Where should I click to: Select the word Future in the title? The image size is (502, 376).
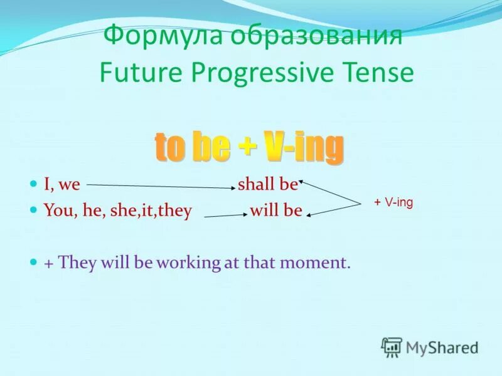pos(141,73)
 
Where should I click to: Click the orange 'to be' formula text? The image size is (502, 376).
pos(192,147)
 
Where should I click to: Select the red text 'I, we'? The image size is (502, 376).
pos(61,185)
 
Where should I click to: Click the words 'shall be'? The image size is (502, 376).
pos(268,184)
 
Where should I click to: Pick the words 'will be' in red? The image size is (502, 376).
pos(276,211)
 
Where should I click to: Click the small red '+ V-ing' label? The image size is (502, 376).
pos(393,202)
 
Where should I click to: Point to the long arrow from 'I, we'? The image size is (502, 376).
pos(161,186)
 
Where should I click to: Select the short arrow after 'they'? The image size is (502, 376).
pos(226,216)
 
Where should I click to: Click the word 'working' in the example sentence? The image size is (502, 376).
pos(189,263)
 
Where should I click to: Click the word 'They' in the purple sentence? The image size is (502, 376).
pos(77,263)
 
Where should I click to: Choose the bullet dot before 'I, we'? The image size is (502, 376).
pos(33,184)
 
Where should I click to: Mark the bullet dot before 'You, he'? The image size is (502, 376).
pos(33,210)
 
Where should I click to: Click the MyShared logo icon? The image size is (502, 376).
pos(392,347)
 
